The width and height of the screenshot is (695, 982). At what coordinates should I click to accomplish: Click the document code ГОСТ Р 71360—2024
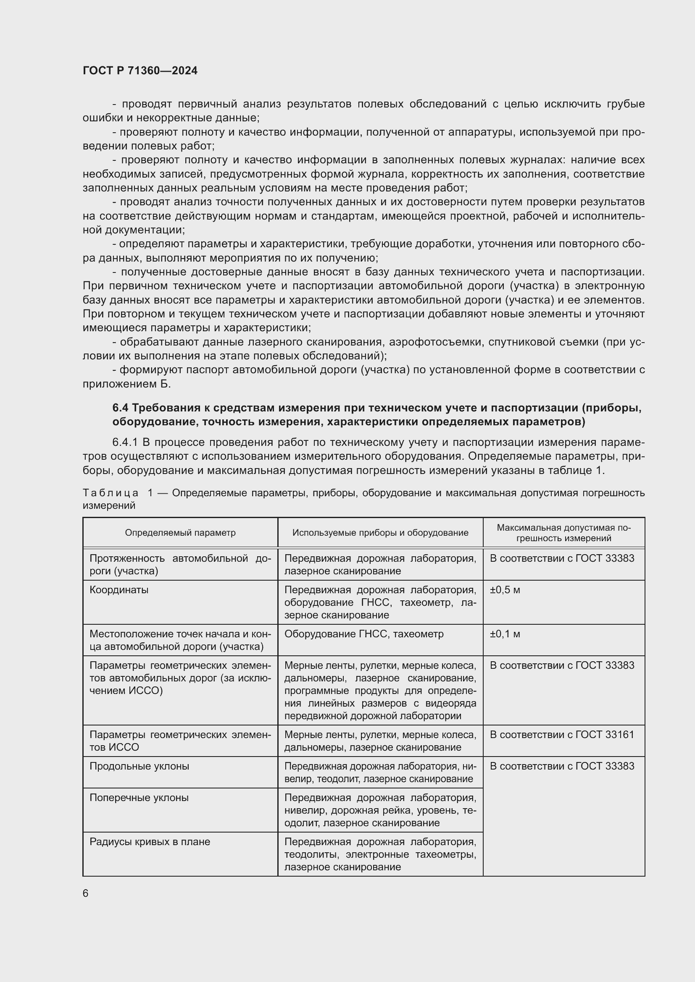click(140, 71)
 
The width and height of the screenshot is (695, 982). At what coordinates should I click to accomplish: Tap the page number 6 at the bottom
click(86, 893)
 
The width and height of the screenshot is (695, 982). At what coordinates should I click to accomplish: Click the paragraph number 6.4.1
click(125, 442)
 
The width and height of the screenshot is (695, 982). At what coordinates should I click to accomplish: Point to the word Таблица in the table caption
click(111, 493)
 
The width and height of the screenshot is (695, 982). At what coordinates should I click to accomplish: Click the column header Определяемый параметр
click(180, 532)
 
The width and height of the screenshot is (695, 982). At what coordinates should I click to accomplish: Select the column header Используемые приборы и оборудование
click(380, 532)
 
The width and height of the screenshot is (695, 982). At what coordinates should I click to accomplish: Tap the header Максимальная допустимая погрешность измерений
click(563, 533)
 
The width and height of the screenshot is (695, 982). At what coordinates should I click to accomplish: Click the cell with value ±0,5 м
click(505, 590)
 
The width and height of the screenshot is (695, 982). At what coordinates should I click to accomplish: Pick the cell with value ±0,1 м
click(505, 634)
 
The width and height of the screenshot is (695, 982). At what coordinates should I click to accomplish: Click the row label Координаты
click(119, 590)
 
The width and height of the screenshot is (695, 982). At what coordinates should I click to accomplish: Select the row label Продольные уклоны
click(139, 766)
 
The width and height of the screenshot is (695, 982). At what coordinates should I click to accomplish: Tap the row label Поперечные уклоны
click(139, 798)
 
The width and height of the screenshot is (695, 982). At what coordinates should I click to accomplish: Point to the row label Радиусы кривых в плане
click(150, 842)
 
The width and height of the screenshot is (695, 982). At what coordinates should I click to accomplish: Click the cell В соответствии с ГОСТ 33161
click(561, 734)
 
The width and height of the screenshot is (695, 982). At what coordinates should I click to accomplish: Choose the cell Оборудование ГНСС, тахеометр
click(364, 634)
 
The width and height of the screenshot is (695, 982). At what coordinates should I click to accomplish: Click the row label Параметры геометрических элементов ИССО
click(180, 741)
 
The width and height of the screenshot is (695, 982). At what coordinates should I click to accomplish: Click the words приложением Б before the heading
click(126, 384)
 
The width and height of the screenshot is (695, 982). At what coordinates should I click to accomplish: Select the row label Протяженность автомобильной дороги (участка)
click(180, 565)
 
